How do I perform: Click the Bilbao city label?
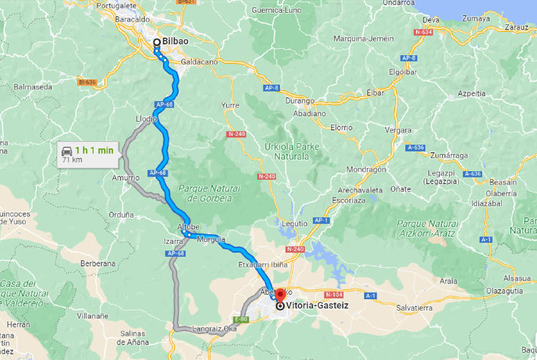pyautogui.click(x=175, y=42)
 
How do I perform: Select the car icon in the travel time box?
pyautogui.click(x=67, y=150)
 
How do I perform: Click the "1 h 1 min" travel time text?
pyautogui.click(x=95, y=150)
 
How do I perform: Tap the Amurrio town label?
pyautogui.click(x=126, y=177)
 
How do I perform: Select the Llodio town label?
pyautogui.click(x=146, y=119)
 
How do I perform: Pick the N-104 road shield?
pyautogui.click(x=334, y=295)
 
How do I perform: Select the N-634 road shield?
pyautogui.click(x=422, y=32)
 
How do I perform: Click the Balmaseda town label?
pyautogui.click(x=33, y=87)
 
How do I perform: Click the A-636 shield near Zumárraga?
pyautogui.click(x=472, y=174)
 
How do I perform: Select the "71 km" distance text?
pyautogui.click(x=71, y=160)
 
